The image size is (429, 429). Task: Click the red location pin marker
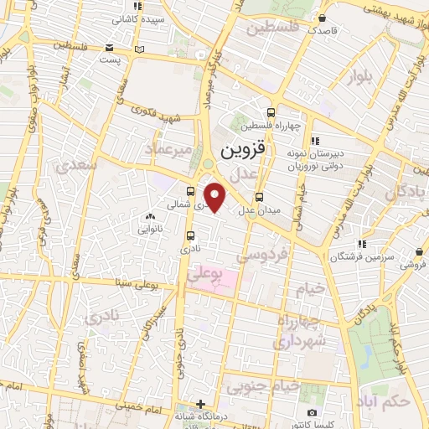(216, 197)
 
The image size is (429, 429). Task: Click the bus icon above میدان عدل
(258, 198)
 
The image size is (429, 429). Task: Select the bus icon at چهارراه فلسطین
(270, 113)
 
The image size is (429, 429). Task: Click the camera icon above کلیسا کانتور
(313, 412)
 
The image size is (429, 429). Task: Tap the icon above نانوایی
(149, 215)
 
